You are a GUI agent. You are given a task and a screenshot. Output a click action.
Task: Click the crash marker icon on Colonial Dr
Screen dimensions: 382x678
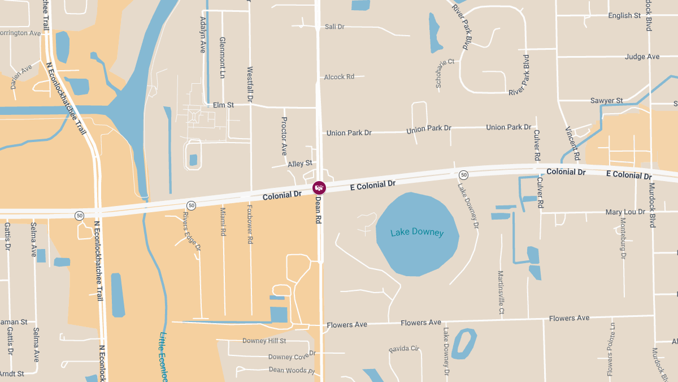[319, 187]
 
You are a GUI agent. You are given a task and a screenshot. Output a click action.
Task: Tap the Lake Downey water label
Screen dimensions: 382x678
[417, 233]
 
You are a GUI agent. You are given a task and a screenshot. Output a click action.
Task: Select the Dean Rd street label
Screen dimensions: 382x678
[318, 209]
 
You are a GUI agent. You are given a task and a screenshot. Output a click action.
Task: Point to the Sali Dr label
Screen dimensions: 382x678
[334, 27]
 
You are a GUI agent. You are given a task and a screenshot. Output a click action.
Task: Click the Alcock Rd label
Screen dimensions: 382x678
[339, 77]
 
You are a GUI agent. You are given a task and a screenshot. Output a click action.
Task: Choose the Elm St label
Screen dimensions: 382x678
[223, 105]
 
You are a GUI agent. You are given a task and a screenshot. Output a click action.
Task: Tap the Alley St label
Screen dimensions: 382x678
[300, 164]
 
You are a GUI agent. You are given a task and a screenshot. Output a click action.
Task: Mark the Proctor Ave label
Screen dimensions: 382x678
[284, 136]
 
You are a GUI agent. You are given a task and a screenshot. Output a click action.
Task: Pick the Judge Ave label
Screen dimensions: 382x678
[642, 57]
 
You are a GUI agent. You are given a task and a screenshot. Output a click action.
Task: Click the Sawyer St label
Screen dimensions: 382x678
[606, 101]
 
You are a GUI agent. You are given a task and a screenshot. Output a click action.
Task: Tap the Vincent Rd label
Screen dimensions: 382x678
[572, 143]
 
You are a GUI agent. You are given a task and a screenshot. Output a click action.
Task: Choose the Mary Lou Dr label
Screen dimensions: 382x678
[625, 212]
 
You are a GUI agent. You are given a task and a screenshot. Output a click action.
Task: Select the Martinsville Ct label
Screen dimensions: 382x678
[501, 293]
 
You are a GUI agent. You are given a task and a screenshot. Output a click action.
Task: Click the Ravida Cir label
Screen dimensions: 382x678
[404, 349]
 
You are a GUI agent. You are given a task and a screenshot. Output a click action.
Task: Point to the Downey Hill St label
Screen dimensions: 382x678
[264, 341]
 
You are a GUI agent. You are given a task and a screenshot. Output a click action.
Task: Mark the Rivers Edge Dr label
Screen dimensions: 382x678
[192, 231]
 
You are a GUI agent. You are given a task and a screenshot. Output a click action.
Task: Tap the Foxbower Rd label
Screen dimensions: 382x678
[250, 224]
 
